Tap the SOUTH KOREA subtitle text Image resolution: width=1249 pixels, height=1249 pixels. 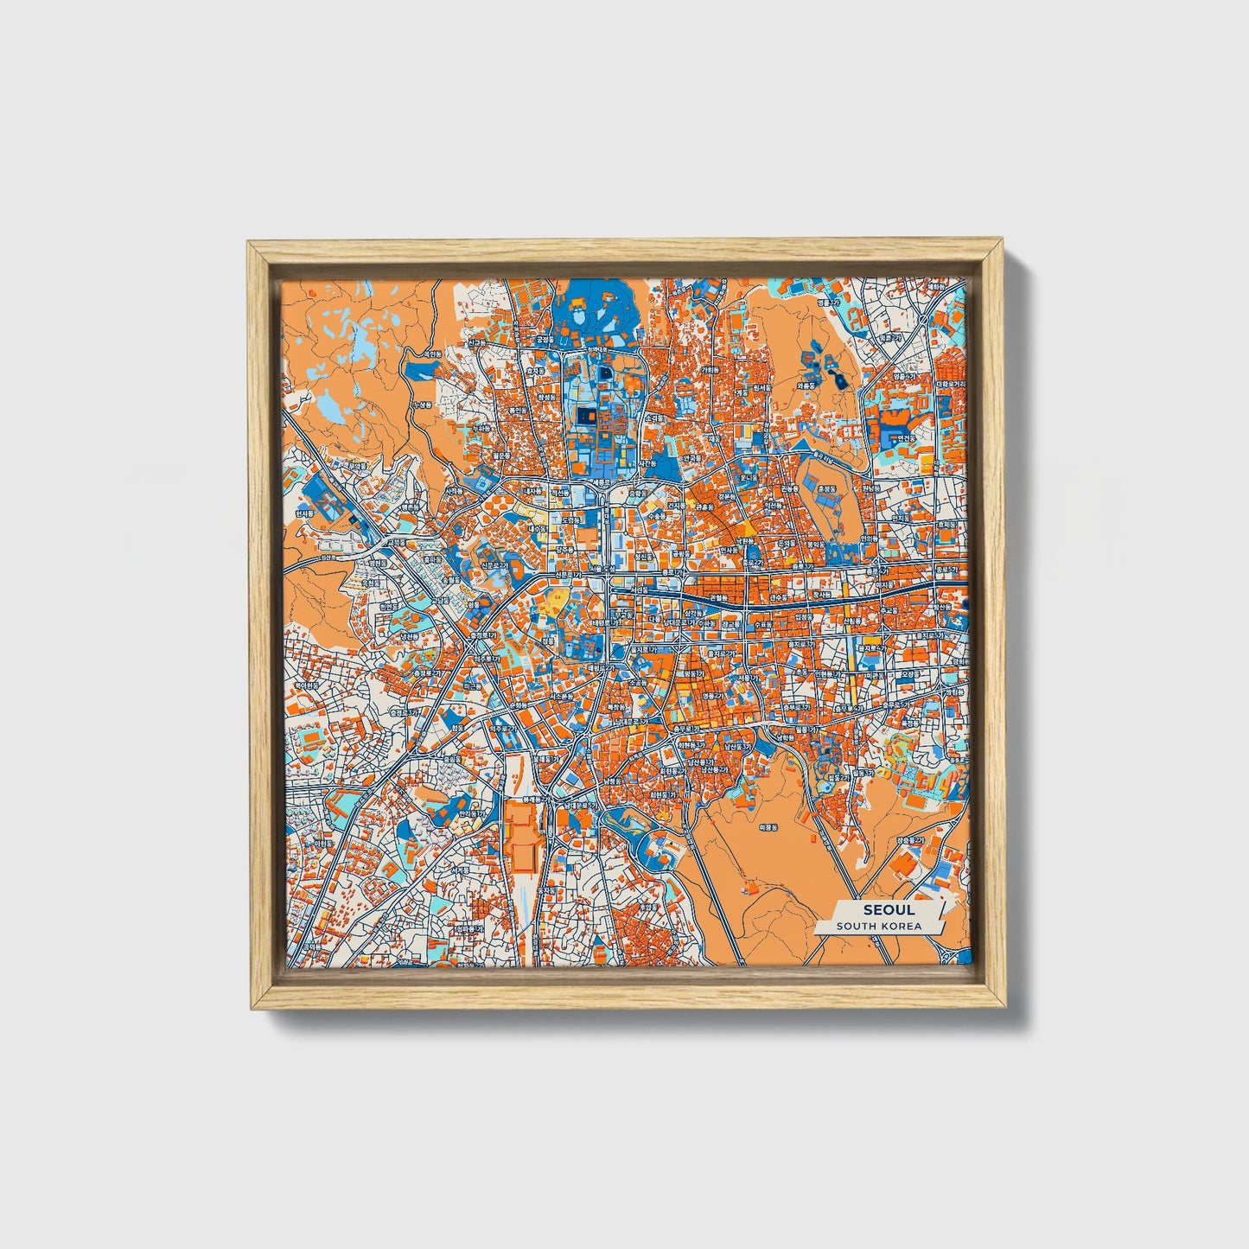pyautogui.click(x=878, y=927)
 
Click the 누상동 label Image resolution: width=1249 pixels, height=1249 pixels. pyautogui.click(x=422, y=405)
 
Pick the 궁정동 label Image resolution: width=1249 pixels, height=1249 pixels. pyautogui.click(x=543, y=340)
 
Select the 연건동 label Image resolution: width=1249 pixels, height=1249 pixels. pyautogui.click(x=905, y=437)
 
